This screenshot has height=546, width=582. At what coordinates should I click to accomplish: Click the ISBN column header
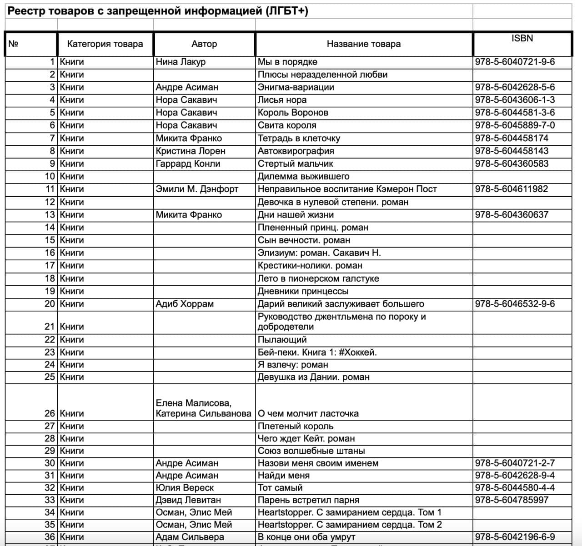(x=522, y=39)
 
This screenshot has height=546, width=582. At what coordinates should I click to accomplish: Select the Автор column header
(x=204, y=44)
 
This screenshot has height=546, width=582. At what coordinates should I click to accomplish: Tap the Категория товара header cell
(x=105, y=44)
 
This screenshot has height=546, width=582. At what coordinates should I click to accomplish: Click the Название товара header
(x=364, y=44)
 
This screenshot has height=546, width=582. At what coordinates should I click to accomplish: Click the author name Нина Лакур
(x=181, y=62)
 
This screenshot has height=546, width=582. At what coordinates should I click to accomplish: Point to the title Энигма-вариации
(x=296, y=87)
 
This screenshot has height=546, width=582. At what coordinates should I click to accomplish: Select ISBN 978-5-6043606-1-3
(x=515, y=100)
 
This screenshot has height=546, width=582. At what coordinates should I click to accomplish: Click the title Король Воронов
(x=293, y=113)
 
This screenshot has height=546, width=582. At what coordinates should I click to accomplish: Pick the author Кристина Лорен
(x=191, y=151)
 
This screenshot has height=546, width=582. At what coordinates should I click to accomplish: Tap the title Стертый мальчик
(x=295, y=164)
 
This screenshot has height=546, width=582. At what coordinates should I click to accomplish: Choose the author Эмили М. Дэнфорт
(x=197, y=189)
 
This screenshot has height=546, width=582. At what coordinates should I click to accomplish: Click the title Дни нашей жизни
(x=296, y=215)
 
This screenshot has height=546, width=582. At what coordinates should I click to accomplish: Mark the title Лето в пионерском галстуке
(x=318, y=278)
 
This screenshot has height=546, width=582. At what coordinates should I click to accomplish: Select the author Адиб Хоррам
(x=185, y=304)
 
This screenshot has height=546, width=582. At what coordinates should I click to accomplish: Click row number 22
(x=50, y=340)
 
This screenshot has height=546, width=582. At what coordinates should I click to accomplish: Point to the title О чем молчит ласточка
(x=308, y=414)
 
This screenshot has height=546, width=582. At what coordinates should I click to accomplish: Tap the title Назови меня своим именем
(x=318, y=463)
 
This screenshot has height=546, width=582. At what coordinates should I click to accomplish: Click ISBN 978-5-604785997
(x=512, y=500)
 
